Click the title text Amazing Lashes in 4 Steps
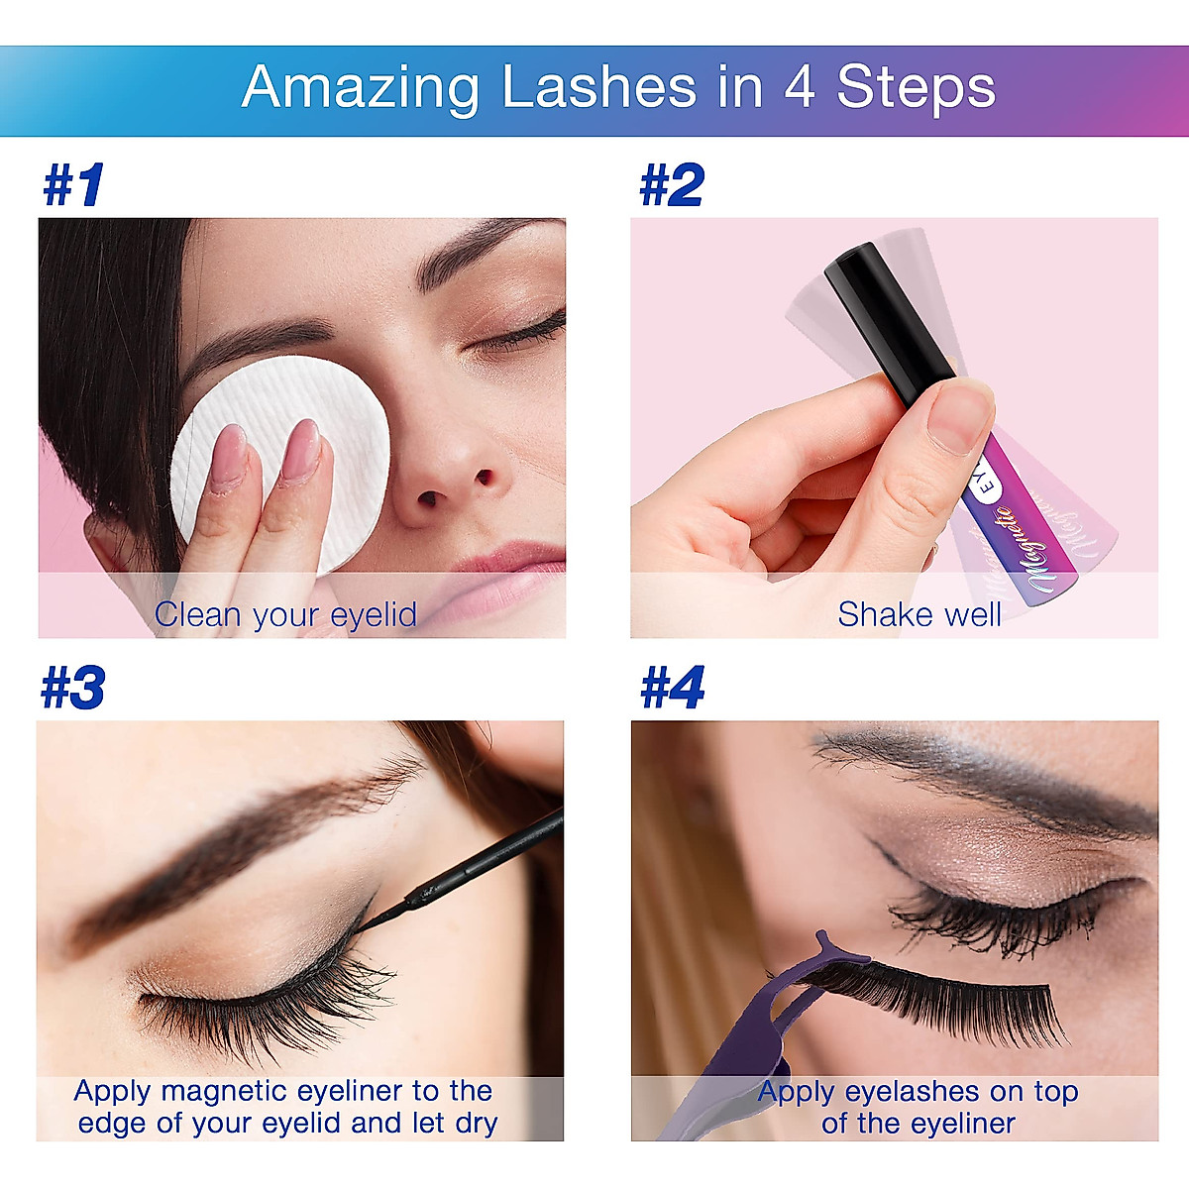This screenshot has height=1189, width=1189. coord(618,87)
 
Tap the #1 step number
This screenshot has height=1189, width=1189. coord(74,185)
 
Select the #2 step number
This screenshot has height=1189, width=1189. coord(672,185)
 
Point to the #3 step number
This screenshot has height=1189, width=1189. coord(73,688)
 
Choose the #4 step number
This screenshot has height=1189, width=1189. coord(672,688)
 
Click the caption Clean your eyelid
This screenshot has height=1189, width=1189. coord(285,614)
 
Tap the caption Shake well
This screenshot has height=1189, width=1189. coord(919,614)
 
